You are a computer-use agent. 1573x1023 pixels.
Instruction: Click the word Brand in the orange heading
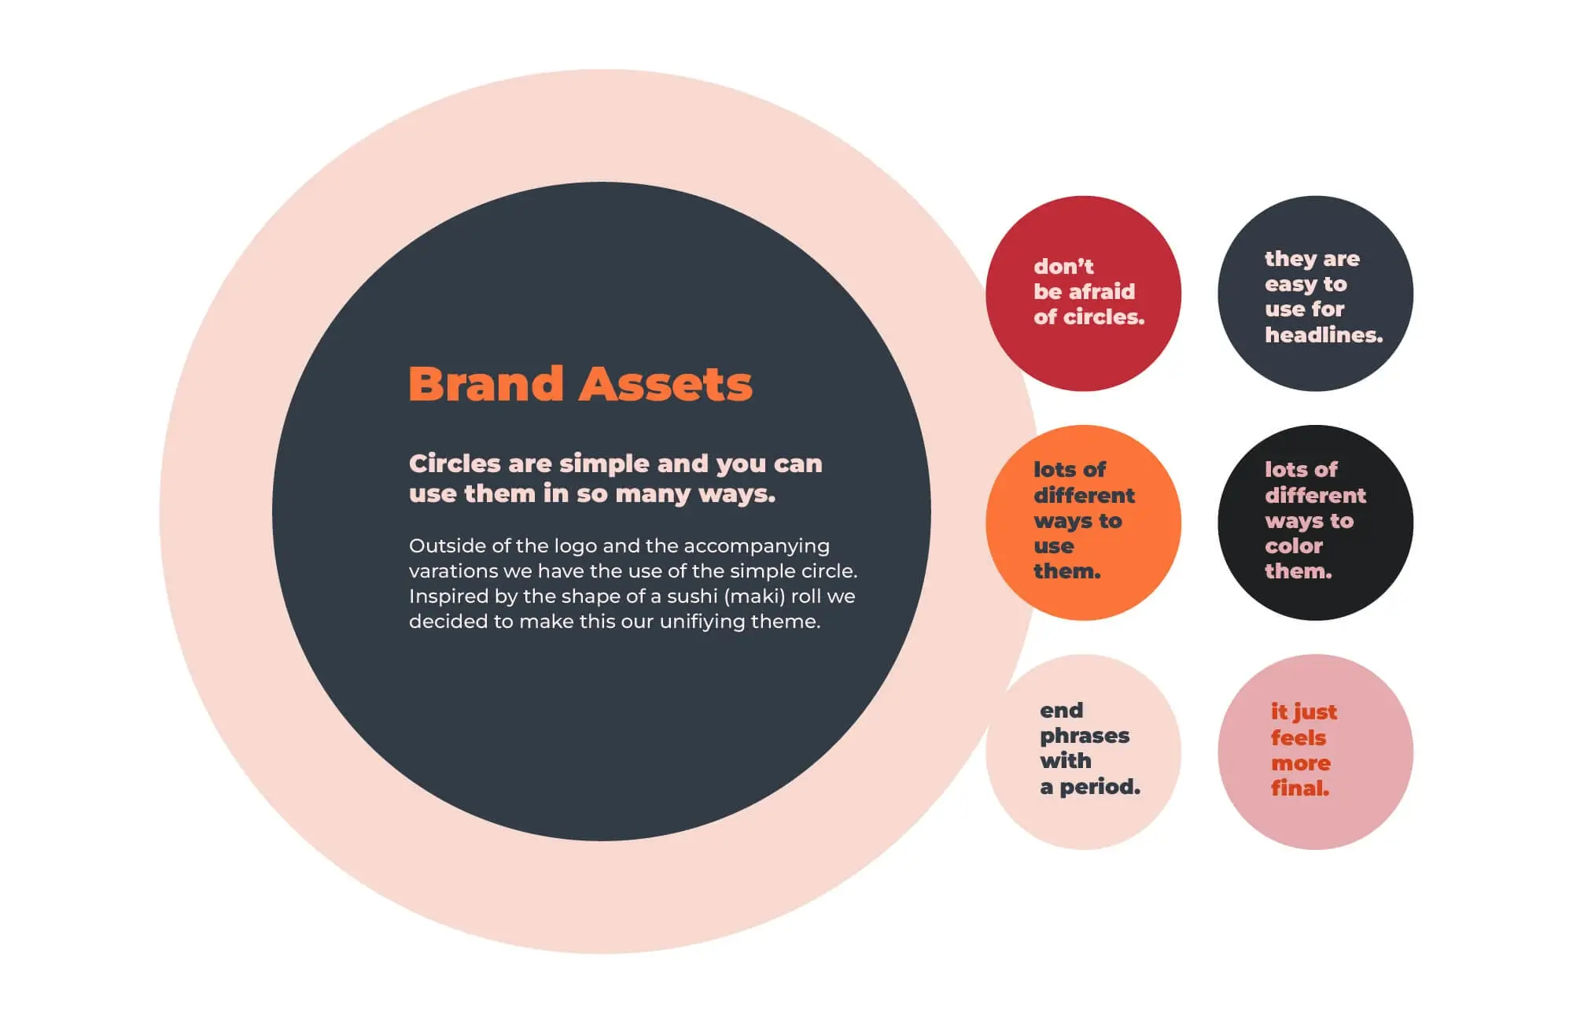[x=486, y=384]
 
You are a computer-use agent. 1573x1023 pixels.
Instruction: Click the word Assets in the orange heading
[x=665, y=384]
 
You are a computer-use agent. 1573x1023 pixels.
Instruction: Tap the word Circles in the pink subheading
[x=455, y=463]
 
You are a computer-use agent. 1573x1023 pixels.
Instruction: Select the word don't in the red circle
[x=1063, y=267]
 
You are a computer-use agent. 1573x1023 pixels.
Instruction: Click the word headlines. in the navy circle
[x=1324, y=335]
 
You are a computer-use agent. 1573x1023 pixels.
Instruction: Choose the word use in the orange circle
[x=1054, y=547]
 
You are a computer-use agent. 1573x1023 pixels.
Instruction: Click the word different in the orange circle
[x=1084, y=496]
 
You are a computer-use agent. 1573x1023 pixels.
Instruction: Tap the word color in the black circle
[x=1294, y=546]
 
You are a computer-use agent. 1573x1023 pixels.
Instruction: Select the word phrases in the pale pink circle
[x=1085, y=737]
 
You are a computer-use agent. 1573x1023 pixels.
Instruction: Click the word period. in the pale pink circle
[x=1100, y=787]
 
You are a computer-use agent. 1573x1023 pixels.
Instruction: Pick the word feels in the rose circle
[x=1299, y=738]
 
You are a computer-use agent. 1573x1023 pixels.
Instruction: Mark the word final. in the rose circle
[x=1300, y=788]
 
